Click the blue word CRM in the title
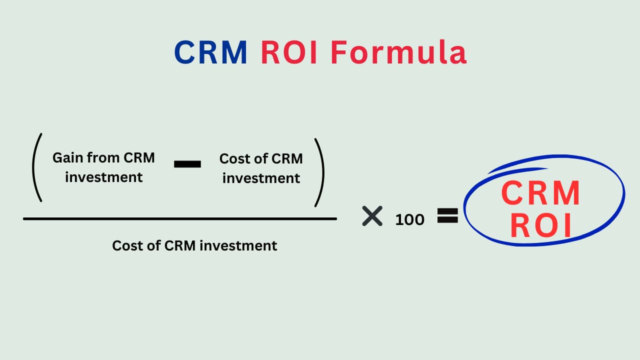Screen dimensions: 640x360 [x=210, y=52]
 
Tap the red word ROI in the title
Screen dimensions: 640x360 [x=289, y=52]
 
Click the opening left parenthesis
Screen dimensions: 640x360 [x=37, y=167]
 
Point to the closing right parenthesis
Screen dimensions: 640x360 [x=319, y=172]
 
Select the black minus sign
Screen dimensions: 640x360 [x=187, y=164]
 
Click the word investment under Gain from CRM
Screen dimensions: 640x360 [x=103, y=177]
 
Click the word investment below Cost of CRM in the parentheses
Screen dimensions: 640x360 [x=261, y=178]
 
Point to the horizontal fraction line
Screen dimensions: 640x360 [x=180, y=219]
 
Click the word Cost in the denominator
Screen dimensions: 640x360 [x=126, y=245]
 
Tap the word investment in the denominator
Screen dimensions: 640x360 [x=238, y=245]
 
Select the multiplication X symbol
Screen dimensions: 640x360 [x=372, y=216]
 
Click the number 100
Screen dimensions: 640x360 [x=409, y=219]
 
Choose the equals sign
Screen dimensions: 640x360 [x=447, y=215]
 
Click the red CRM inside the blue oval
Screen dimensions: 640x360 [x=540, y=193]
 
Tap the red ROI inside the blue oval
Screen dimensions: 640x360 [x=540, y=225]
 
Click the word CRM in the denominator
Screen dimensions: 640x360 [x=180, y=245]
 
